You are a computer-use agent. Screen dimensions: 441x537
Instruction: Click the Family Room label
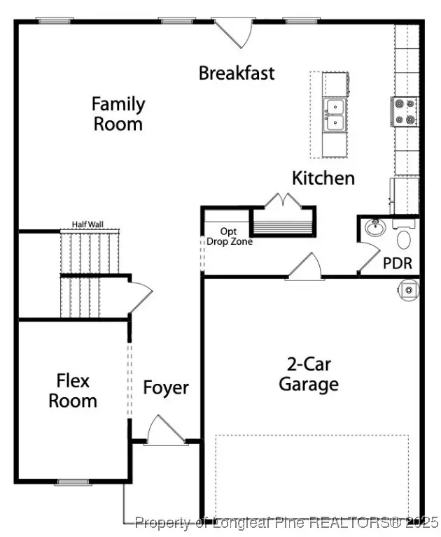click(118, 114)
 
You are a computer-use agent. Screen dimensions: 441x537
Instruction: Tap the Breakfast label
click(237, 73)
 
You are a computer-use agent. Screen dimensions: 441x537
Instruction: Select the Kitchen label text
click(323, 178)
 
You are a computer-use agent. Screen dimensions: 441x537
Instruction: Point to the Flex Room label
click(73, 391)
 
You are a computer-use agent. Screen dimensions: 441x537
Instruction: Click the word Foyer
click(166, 388)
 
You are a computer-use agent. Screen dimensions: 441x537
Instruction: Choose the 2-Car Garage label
click(309, 374)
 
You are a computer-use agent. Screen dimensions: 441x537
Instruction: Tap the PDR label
click(398, 264)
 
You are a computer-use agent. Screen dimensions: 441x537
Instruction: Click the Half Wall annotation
click(87, 224)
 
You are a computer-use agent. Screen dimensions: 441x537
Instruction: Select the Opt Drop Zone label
click(230, 236)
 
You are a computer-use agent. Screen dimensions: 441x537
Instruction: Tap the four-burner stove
click(405, 112)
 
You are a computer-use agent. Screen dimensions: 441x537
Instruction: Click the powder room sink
click(375, 227)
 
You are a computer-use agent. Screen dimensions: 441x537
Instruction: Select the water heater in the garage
click(408, 290)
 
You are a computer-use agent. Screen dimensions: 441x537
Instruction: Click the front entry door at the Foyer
click(166, 431)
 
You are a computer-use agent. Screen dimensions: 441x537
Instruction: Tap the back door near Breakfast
click(234, 33)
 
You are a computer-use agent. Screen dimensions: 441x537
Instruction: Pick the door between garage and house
click(304, 267)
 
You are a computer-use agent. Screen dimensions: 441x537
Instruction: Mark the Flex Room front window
click(73, 482)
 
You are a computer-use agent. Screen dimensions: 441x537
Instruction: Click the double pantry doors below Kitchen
click(283, 200)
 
